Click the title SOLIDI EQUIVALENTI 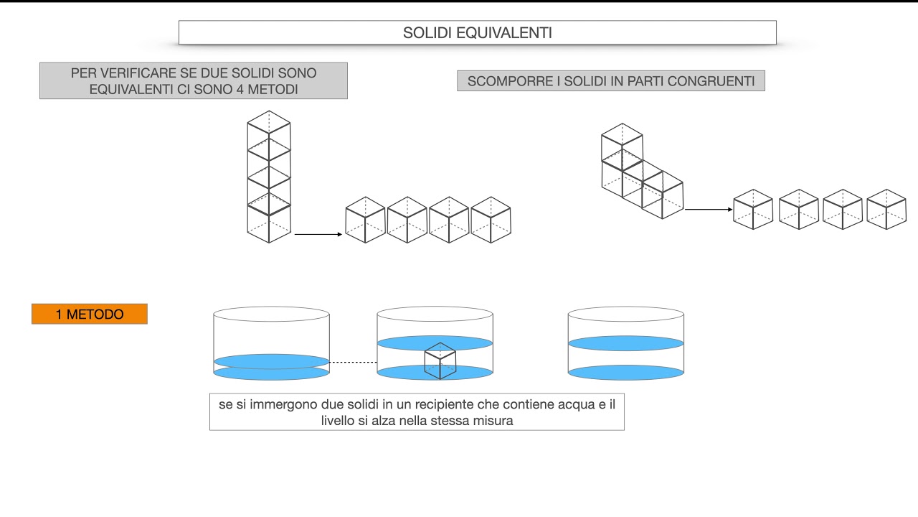[477, 33]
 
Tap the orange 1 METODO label [90, 315]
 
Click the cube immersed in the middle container [440, 360]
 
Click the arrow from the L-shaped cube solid [709, 210]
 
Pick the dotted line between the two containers [353, 362]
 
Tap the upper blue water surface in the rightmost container [625, 343]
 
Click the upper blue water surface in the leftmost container [271, 360]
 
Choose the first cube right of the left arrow [365, 219]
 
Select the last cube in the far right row [886, 209]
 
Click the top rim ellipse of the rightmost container [625, 314]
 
